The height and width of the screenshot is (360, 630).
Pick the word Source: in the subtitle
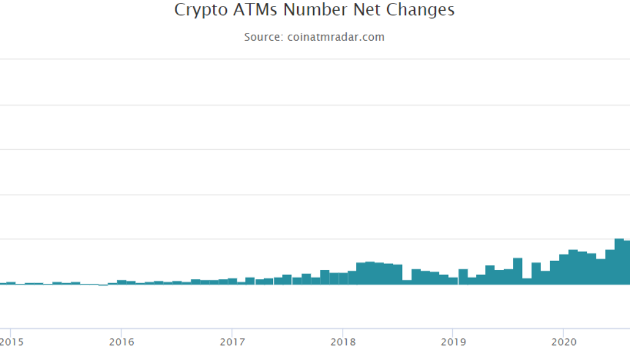tap(263, 37)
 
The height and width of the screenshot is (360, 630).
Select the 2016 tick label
tap(121, 342)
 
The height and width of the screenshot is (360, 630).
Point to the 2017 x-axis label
tap(232, 342)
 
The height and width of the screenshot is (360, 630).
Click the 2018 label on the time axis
tap(342, 342)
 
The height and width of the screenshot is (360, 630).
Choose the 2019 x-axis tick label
tap(452, 342)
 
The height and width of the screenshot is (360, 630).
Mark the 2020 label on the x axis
tap(563, 342)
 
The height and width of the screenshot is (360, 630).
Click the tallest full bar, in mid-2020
tap(619, 262)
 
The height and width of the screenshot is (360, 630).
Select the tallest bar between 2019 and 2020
tap(518, 271)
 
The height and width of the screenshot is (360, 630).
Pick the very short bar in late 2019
tap(527, 281)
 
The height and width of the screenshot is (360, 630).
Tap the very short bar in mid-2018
tap(407, 282)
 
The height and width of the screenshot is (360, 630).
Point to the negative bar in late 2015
tap(103, 285)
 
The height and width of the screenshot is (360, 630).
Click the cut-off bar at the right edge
tap(627, 262)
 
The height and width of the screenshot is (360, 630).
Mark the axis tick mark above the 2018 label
tap(342, 330)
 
